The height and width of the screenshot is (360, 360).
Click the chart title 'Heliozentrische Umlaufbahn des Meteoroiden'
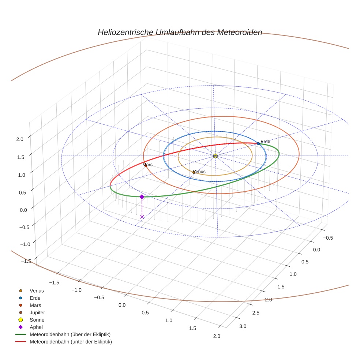pyautogui.click(x=180, y=32)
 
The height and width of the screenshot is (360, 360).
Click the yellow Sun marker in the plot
pyautogui.click(x=215, y=156)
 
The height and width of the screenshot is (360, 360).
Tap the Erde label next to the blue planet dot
pyautogui.click(x=265, y=142)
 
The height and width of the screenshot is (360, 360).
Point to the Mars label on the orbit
pyautogui.click(x=147, y=165)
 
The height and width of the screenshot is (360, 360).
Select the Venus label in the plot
pyautogui.click(x=199, y=172)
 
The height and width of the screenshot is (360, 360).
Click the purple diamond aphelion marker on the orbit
pyautogui.click(x=142, y=197)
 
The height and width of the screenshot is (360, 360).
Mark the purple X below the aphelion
pyautogui.click(x=142, y=217)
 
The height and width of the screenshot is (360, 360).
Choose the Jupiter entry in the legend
pyautogui.click(x=37, y=312)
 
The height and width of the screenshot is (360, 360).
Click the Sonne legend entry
pyautogui.click(x=37, y=320)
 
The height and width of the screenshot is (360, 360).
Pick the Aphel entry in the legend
pyautogui.click(x=36, y=327)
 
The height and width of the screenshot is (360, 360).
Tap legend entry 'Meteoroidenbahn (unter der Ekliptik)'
pyautogui.click(x=71, y=342)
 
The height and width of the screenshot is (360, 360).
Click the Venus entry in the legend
pyautogui.click(x=37, y=290)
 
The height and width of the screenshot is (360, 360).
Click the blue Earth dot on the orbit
pyautogui.click(x=259, y=143)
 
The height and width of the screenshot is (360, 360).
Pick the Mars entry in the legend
pyautogui.click(x=35, y=305)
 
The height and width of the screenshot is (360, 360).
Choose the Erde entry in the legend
pyautogui.click(x=35, y=298)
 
